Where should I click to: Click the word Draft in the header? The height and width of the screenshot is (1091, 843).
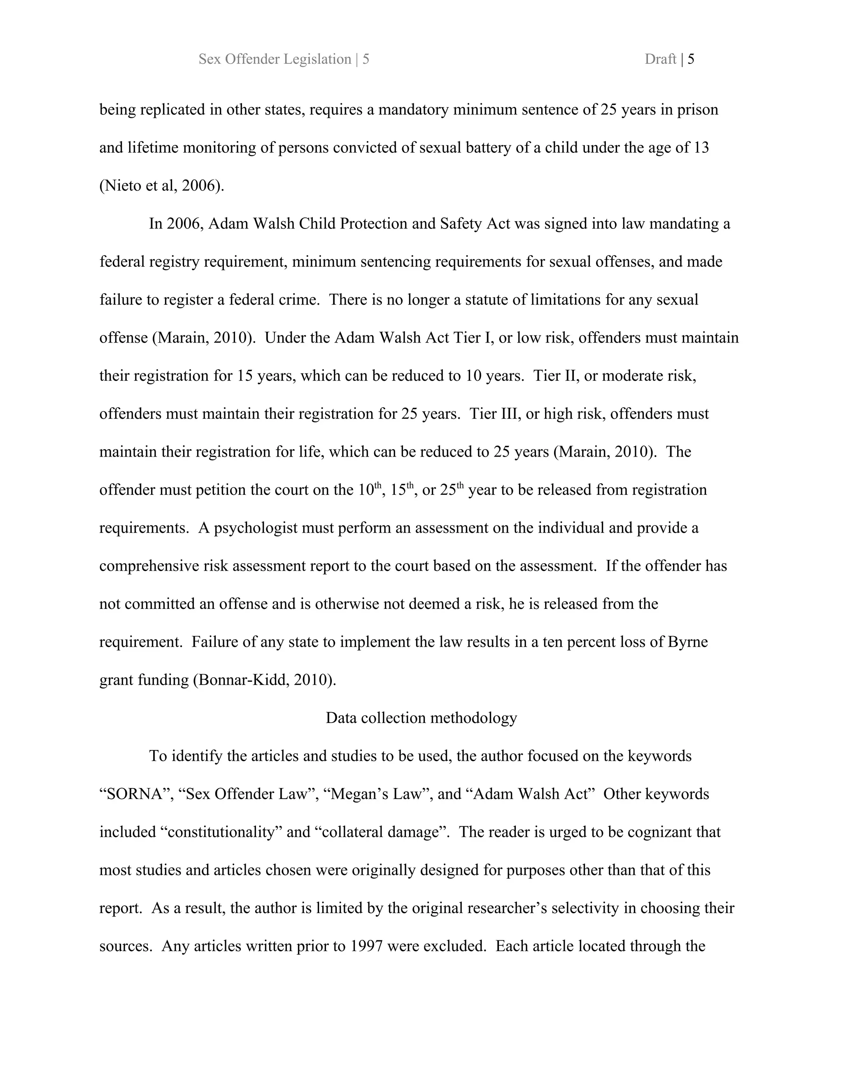(660, 59)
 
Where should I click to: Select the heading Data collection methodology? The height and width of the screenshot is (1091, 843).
(421, 718)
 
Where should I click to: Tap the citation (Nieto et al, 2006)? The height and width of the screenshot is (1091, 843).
(162, 186)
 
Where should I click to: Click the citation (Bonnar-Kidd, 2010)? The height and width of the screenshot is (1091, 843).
(264, 680)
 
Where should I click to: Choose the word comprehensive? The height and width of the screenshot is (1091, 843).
(149, 566)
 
